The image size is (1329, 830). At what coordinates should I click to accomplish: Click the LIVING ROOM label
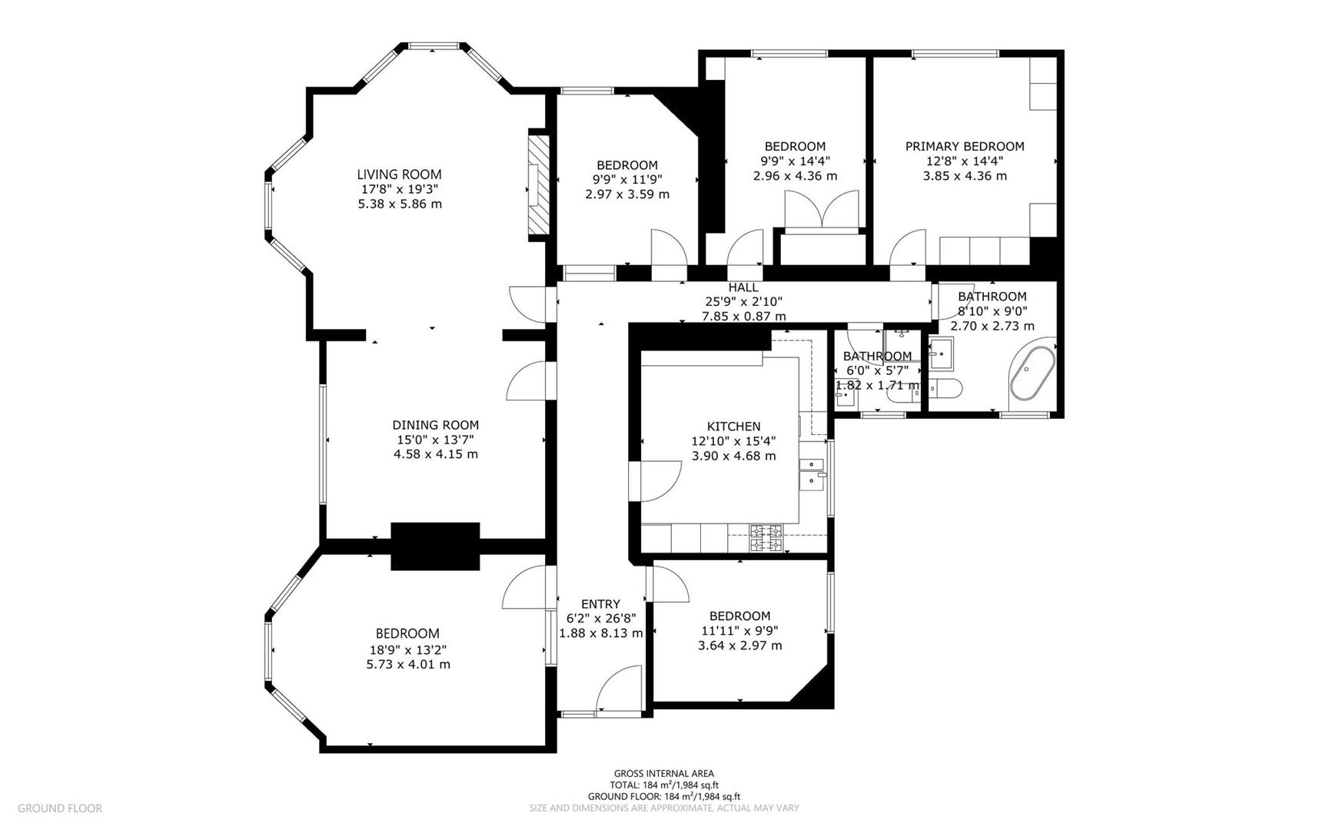click(399, 174)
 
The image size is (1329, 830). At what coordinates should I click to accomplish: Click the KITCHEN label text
click(733, 427)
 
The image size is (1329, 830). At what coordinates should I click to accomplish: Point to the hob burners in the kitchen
click(766, 538)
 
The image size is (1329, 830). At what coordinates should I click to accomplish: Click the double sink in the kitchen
click(812, 473)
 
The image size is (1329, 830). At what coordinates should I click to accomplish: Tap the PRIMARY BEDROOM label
click(964, 147)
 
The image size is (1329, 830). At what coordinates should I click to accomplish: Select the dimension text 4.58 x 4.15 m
click(435, 454)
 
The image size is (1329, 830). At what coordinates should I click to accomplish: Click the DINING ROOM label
click(435, 425)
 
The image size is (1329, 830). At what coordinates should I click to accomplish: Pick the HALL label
click(743, 287)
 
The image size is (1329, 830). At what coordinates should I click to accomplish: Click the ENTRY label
click(600, 604)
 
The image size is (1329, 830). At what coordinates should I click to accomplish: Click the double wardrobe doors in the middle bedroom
click(821, 208)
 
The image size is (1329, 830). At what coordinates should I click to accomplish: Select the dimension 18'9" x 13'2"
click(407, 649)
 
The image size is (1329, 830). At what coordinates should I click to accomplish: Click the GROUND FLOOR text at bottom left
click(59, 808)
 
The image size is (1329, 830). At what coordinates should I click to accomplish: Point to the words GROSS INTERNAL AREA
click(663, 774)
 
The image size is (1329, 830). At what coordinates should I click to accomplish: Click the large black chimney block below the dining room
click(435, 546)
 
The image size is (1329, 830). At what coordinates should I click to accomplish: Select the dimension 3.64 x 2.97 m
click(739, 646)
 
